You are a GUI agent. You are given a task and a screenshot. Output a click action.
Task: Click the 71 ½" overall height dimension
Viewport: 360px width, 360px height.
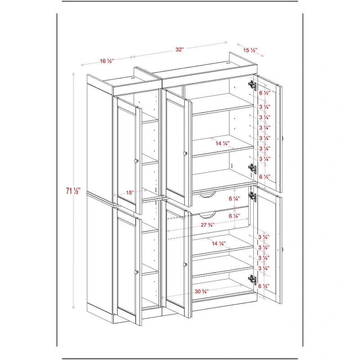click(70, 191)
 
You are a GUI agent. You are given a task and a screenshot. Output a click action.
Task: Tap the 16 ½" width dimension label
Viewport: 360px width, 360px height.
click(107, 61)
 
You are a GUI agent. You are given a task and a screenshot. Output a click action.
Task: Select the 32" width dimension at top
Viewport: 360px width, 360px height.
click(180, 50)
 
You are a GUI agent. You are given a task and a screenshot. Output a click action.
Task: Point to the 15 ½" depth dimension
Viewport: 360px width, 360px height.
click(250, 50)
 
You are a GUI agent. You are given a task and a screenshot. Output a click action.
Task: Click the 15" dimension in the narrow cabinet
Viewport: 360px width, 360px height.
click(130, 193)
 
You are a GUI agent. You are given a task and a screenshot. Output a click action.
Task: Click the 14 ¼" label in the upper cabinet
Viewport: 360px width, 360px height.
click(222, 144)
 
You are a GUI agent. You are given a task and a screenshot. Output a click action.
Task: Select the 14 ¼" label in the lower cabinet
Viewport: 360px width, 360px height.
click(219, 243)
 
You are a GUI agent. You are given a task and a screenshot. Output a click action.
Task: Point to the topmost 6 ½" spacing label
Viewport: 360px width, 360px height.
click(265, 93)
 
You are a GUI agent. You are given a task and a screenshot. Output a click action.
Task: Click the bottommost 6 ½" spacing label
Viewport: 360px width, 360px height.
click(264, 286)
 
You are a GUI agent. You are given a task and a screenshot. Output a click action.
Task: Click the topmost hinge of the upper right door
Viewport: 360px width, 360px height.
click(252, 84)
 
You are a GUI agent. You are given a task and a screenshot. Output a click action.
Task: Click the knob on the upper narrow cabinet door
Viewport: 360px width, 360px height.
click(136, 161)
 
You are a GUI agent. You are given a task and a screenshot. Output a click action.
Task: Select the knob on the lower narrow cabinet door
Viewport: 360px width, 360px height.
click(136, 271)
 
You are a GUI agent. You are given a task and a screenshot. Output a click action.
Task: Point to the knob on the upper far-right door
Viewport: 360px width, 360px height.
click(283, 138)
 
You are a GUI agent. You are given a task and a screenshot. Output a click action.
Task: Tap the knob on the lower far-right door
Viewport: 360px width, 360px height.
click(283, 249)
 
